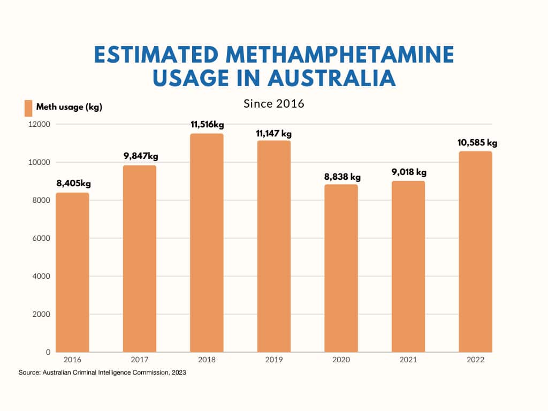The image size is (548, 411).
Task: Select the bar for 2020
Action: [x=341, y=268]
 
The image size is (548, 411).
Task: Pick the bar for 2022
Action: [x=475, y=252]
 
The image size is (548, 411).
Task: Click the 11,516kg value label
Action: [x=207, y=125]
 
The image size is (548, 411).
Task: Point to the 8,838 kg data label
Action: [x=341, y=177]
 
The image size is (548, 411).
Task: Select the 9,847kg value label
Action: [x=140, y=156]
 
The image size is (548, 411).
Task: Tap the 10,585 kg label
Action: [x=477, y=143]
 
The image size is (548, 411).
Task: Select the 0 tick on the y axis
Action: [x=48, y=352]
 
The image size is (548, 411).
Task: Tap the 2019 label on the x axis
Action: [x=274, y=360]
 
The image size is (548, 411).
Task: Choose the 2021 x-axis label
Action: [x=408, y=360]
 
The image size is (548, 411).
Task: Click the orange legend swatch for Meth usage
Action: [x=28, y=108]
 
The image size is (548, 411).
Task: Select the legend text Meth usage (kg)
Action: [x=69, y=107]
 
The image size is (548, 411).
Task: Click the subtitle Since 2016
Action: [x=274, y=103]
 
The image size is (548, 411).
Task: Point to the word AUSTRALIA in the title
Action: [x=332, y=78]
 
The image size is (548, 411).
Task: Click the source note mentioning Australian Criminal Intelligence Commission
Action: [x=102, y=372]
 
